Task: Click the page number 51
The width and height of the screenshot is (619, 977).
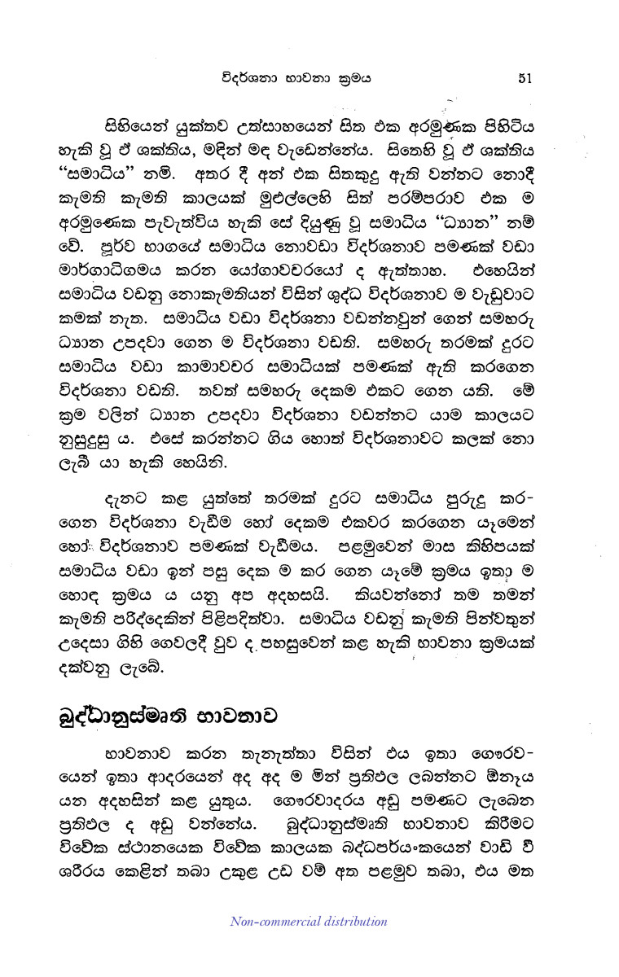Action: point(525,78)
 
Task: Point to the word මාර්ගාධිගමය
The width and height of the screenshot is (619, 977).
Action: point(130,266)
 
